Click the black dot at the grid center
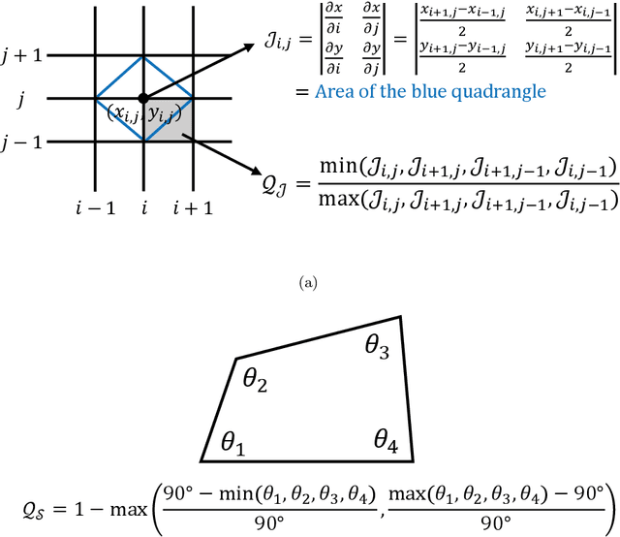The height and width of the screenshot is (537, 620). [144, 98]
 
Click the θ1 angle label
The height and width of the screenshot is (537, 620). [233, 444]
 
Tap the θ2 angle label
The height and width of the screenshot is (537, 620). [256, 381]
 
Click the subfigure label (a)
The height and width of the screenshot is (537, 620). [309, 283]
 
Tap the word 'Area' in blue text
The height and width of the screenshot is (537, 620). [335, 91]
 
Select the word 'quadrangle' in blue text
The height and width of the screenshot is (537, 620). [498, 92]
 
